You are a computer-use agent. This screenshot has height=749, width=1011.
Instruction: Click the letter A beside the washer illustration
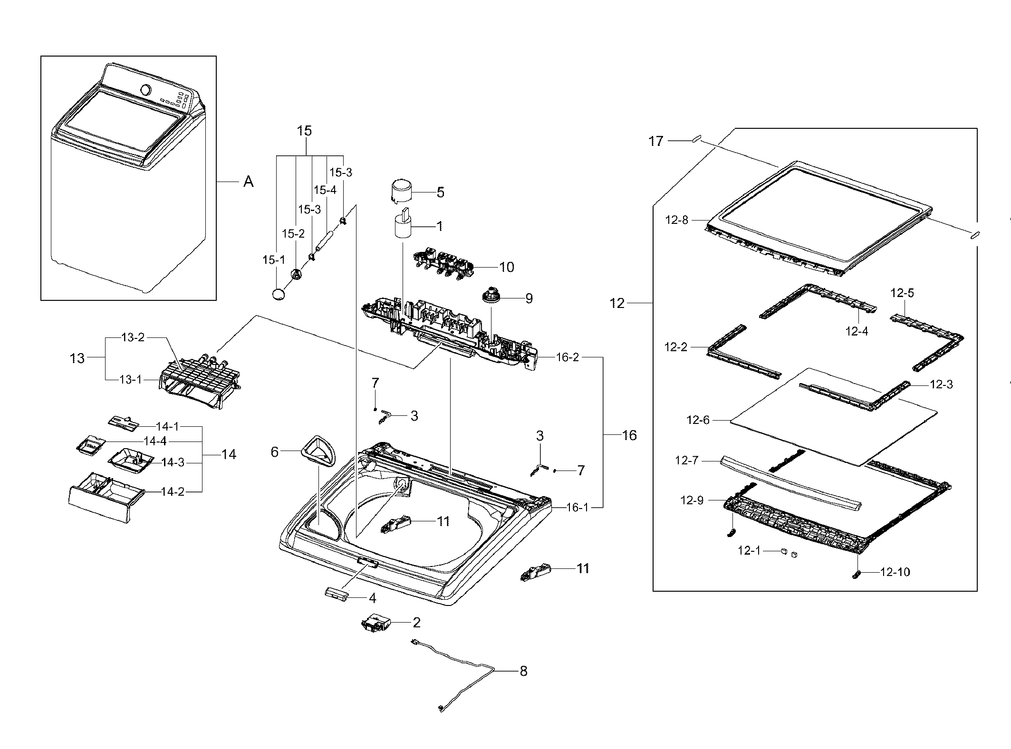248,182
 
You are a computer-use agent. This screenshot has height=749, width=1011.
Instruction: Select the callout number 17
656,141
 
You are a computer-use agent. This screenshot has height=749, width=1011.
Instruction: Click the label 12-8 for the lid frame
676,220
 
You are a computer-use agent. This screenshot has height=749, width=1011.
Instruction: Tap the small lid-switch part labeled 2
376,623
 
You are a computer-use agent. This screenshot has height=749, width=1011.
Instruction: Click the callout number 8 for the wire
523,671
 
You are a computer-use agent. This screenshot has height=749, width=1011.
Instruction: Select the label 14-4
155,441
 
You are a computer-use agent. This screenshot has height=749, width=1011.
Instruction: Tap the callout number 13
77,358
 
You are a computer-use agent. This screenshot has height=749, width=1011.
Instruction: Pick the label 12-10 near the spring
895,572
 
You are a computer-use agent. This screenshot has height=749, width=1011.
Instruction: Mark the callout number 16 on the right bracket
629,435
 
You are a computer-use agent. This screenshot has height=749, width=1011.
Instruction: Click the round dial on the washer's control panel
146,89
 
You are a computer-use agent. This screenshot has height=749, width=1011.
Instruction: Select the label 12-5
902,293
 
